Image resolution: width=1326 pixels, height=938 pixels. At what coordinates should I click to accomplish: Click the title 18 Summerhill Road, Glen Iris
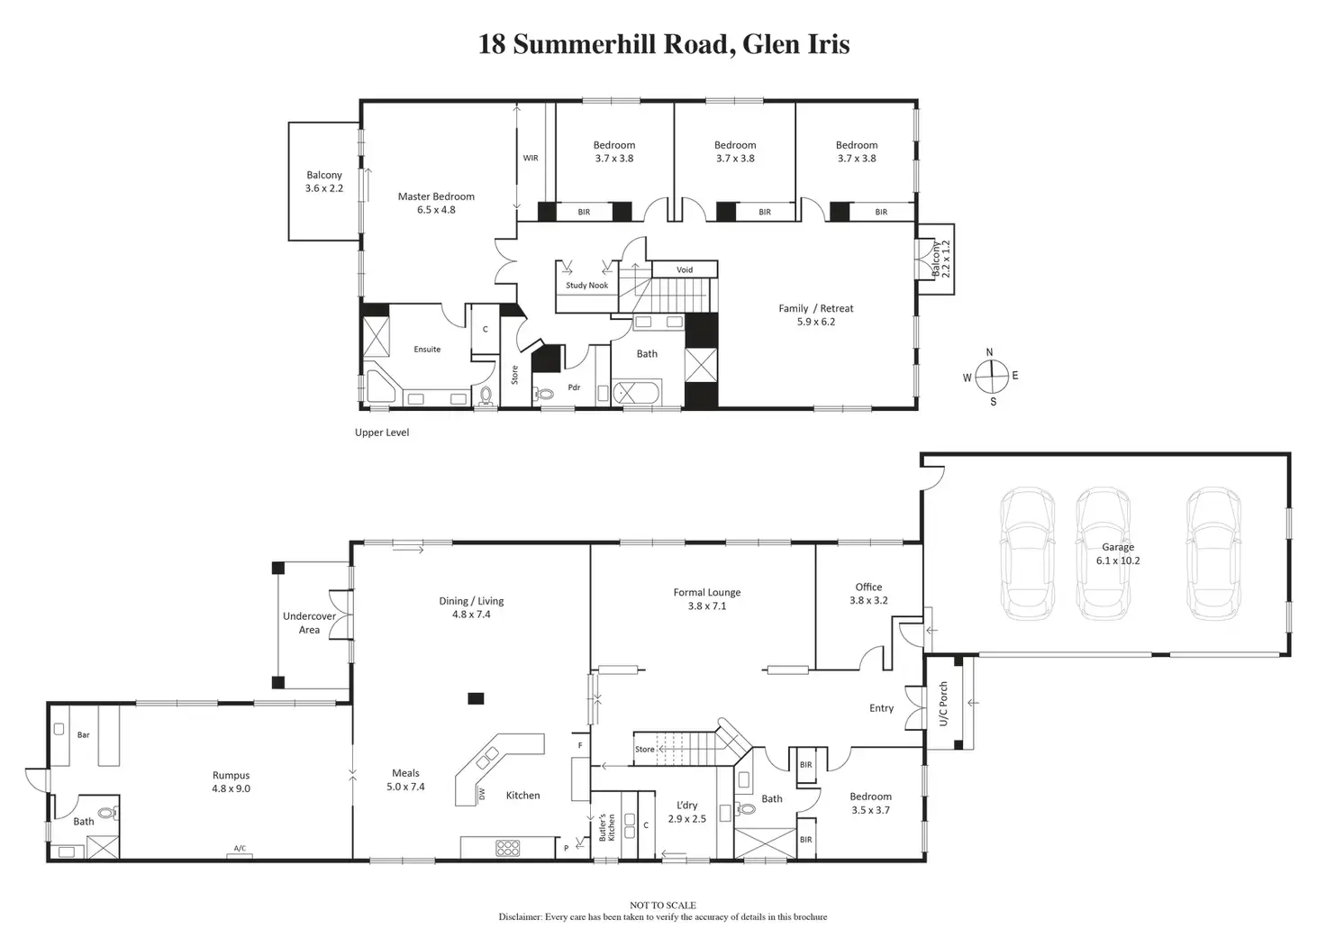663,44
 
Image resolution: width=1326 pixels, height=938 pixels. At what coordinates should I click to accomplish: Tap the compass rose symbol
990,376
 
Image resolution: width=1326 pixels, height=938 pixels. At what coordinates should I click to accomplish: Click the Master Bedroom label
436,203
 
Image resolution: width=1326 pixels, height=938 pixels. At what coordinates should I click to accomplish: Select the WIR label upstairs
531,159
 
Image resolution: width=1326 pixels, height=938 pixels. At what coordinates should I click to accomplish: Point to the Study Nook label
586,286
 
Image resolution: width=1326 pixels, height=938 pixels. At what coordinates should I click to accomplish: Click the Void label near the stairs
685,269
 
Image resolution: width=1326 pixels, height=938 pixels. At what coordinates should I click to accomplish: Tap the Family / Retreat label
815,314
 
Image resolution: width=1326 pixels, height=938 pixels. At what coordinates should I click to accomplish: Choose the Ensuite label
427,350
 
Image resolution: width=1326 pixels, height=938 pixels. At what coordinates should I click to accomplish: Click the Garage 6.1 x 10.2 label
1118,553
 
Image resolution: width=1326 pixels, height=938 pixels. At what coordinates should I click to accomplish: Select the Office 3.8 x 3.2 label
868,593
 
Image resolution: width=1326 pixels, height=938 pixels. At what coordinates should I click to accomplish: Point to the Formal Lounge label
707,599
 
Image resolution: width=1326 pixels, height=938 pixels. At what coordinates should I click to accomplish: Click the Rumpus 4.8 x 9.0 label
231,781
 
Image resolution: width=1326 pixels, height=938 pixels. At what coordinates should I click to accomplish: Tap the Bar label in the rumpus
84,735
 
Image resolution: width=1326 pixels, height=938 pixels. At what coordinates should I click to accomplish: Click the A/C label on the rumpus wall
240,849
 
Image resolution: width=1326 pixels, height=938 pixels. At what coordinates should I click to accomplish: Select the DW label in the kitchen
482,794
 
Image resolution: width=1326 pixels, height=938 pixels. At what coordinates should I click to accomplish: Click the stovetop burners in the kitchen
508,847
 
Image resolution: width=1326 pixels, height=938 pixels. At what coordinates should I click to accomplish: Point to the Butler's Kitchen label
608,827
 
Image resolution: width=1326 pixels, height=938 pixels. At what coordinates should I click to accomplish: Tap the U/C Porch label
943,704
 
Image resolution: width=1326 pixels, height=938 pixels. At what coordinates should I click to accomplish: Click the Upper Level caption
382,433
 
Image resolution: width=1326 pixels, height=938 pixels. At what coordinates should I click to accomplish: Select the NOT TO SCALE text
663,906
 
